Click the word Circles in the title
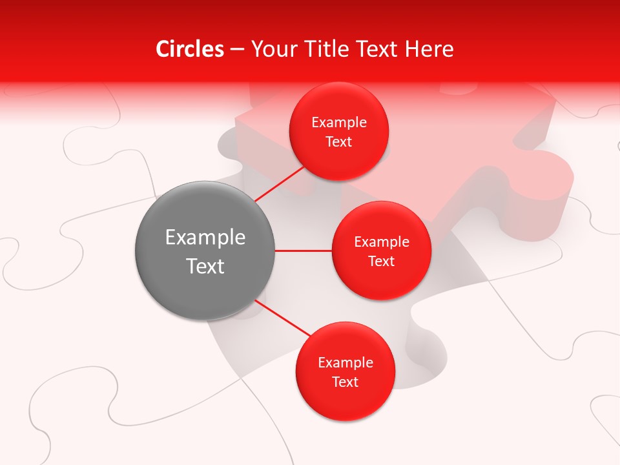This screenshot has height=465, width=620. click(190, 49)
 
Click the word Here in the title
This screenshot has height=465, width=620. click(429, 49)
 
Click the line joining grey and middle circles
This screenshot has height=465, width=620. click(304, 251)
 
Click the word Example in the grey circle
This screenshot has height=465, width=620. click(205, 238)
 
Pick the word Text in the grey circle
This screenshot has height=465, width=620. click(205, 266)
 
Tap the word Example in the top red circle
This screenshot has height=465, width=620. click(339, 123)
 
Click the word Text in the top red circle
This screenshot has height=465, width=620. click(339, 141)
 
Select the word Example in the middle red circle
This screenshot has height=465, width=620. click(382, 242)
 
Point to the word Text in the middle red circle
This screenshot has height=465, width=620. click(382, 261)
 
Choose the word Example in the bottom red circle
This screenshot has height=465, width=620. click(346, 363)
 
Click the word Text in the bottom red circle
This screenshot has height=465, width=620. click(346, 382)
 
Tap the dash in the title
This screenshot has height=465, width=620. click(237, 50)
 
